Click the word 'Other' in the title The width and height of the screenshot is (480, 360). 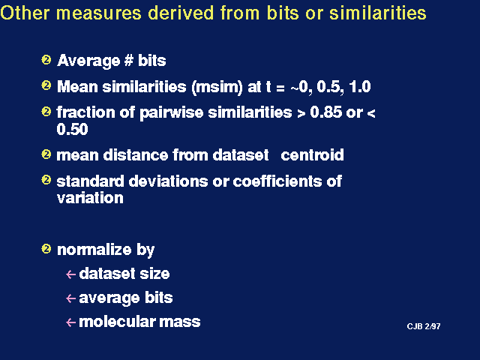click(x=25, y=13)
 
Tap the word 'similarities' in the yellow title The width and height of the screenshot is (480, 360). click(x=378, y=13)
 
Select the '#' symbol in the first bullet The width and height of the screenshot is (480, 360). click(x=128, y=60)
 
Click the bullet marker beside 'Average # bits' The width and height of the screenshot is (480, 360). click(x=46, y=59)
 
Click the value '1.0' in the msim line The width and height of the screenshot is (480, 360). click(x=360, y=87)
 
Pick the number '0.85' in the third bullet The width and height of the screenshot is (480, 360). click(x=326, y=112)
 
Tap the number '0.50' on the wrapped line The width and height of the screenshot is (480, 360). click(x=72, y=129)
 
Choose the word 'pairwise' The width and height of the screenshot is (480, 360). click(x=172, y=113)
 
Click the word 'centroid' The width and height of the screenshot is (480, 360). click(x=312, y=155)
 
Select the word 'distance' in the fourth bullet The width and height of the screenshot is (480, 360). click(x=135, y=155)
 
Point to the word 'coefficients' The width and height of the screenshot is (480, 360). click(x=277, y=181)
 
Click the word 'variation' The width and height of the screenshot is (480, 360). click(x=90, y=198)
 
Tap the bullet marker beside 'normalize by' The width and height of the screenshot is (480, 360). click(x=46, y=248)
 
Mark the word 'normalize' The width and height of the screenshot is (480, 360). click(x=94, y=250)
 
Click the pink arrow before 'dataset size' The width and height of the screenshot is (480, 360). click(x=70, y=274)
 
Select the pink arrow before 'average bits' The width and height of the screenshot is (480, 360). click(x=70, y=298)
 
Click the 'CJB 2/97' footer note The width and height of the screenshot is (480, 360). click(x=424, y=326)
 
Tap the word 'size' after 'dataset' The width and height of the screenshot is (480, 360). click(x=154, y=273)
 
